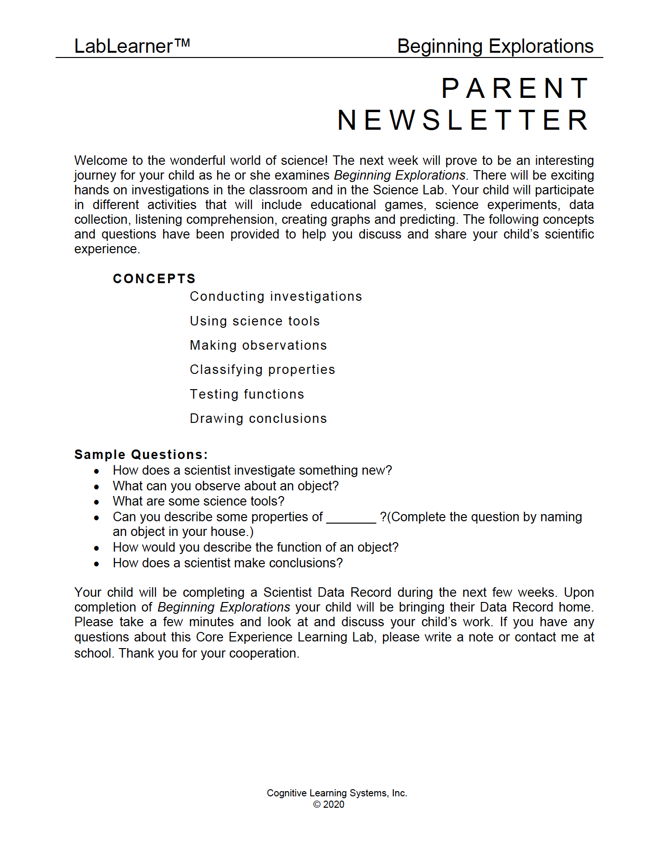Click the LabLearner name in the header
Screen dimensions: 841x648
(x=123, y=47)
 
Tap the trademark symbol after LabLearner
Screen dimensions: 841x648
(x=182, y=43)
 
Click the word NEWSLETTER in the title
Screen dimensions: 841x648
(x=463, y=120)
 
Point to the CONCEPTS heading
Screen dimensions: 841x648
(x=154, y=278)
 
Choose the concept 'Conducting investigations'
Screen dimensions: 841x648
(x=276, y=296)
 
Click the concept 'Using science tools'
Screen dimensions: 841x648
(x=255, y=321)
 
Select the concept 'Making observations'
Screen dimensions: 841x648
(x=258, y=345)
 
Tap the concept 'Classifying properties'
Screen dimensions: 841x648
(x=262, y=370)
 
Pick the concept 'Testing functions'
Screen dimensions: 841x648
(x=247, y=394)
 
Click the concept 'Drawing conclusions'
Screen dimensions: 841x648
(x=258, y=419)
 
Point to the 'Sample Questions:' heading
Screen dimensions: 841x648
(x=141, y=455)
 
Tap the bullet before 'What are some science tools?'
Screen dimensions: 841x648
(x=97, y=502)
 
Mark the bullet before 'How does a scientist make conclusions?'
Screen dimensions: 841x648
(x=97, y=564)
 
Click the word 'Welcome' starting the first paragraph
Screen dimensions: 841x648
(x=101, y=161)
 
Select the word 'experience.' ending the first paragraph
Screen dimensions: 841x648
(x=107, y=249)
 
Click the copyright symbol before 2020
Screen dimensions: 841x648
(x=317, y=804)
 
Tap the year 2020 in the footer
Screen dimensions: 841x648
(x=334, y=804)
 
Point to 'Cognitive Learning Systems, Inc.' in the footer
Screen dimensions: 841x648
(x=337, y=793)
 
